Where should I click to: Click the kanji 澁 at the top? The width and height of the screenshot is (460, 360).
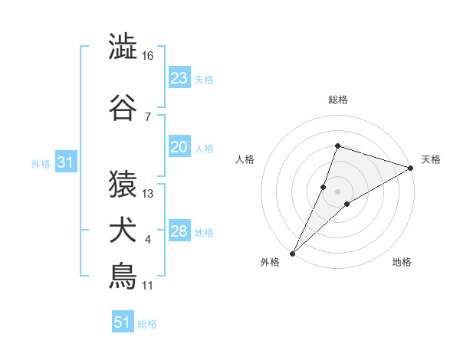coord(123,47)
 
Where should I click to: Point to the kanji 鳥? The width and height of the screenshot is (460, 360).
coord(123,276)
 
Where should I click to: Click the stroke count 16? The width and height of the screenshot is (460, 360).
coord(148,56)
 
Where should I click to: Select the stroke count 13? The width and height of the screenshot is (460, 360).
coord(148,193)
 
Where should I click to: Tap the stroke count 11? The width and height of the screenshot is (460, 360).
coord(148,286)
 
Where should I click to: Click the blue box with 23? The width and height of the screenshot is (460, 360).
coord(179,78)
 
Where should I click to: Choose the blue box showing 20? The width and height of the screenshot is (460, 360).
coord(179,148)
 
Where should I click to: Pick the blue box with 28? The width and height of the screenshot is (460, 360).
coord(179,232)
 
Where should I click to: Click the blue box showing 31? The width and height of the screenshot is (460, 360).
coord(66,162)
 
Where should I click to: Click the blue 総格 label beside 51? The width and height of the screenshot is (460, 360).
coord(147,324)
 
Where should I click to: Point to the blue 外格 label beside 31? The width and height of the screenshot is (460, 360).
coord(41,163)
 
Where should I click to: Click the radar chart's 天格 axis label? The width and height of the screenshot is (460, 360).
coord(431,159)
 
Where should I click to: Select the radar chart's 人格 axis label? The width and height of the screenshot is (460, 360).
coord(245,159)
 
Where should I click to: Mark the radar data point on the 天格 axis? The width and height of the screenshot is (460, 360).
coord(410,168)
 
